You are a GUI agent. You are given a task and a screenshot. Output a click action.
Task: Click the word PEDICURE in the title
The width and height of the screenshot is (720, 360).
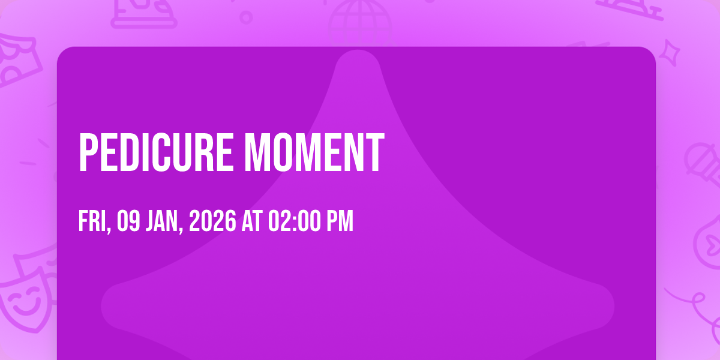pos(156,152)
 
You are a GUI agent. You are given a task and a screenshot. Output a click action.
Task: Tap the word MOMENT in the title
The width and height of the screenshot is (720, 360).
pos(314,152)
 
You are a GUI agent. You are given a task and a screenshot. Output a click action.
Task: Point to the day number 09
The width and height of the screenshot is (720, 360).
pos(128,221)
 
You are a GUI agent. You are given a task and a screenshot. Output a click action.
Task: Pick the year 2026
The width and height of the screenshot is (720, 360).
pos(212,221)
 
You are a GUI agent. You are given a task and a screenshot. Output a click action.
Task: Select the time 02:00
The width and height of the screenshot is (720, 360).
pos(295,221)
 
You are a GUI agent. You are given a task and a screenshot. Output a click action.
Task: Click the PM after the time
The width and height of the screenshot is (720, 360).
pos(340,221)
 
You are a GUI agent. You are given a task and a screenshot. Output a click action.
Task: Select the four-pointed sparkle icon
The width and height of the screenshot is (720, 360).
pos(670,53)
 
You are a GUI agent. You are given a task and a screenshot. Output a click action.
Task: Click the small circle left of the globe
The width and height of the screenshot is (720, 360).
pos(246,17)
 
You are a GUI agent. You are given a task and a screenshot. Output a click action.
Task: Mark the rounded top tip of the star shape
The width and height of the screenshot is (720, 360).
pos(358,51)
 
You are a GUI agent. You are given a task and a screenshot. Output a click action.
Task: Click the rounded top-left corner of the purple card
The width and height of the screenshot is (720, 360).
pos(62,52)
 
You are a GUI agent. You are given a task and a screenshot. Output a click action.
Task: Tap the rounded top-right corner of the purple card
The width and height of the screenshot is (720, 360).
pos(651,52)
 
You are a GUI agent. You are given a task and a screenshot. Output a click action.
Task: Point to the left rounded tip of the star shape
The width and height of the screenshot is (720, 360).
pos(102,306)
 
